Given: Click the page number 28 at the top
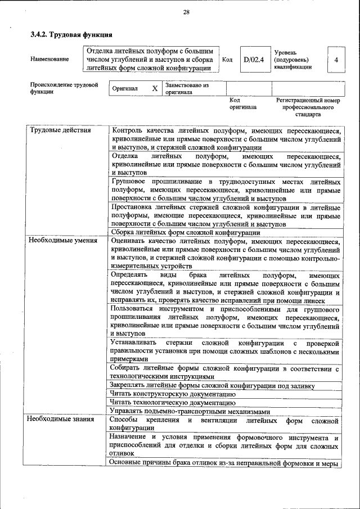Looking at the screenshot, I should click(x=186, y=12).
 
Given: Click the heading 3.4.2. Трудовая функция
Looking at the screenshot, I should click(x=67, y=35).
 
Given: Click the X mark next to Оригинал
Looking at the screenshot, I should click(x=155, y=89).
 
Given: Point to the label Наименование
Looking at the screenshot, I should click(x=50, y=59).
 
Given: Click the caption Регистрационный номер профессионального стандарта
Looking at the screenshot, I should click(x=308, y=106).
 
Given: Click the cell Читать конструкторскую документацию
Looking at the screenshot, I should click(x=173, y=394).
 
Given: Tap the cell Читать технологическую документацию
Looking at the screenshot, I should click(x=173, y=402).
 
